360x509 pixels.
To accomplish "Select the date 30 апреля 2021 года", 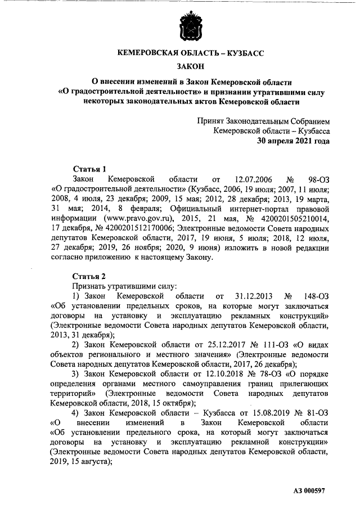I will [x=293, y=141].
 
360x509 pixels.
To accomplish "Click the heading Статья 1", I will [x=89, y=169].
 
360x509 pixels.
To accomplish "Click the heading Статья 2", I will [x=89, y=276].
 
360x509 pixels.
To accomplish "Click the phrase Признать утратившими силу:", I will [x=115, y=286].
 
